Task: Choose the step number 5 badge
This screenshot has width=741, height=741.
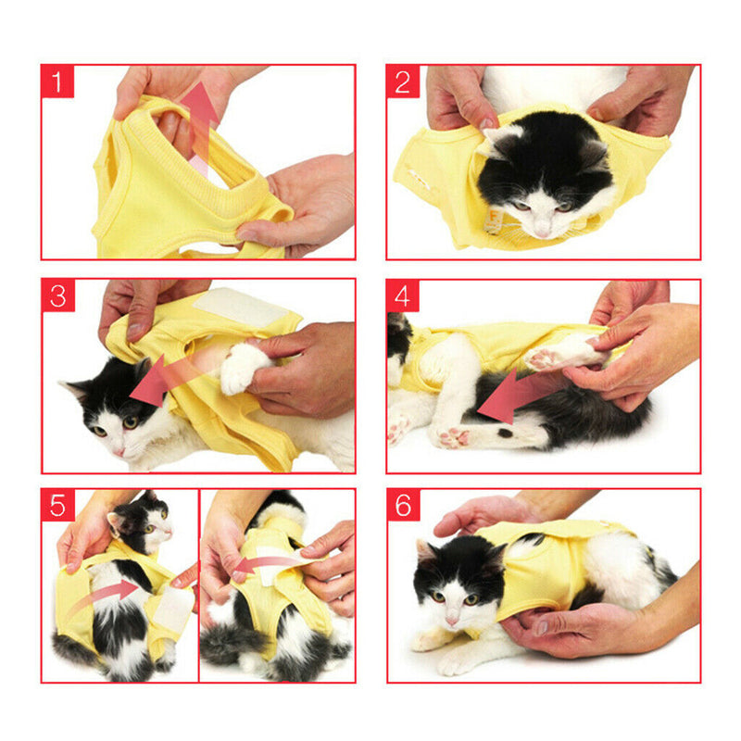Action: click(58, 507)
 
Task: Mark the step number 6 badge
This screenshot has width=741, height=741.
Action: click(403, 507)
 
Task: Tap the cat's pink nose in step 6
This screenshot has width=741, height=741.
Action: click(451, 618)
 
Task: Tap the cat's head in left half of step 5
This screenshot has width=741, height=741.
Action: click(144, 523)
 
